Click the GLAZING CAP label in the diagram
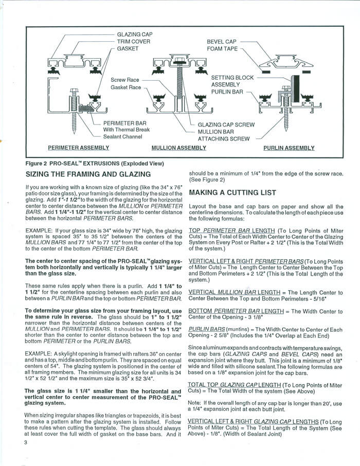(135, 34)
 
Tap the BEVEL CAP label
(221, 42)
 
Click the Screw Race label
(125, 80)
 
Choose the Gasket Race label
(126, 88)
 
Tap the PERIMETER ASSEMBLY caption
(78, 148)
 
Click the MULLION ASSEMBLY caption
(178, 148)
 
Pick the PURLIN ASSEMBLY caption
(289, 148)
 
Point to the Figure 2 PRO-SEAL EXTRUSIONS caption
(95, 163)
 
